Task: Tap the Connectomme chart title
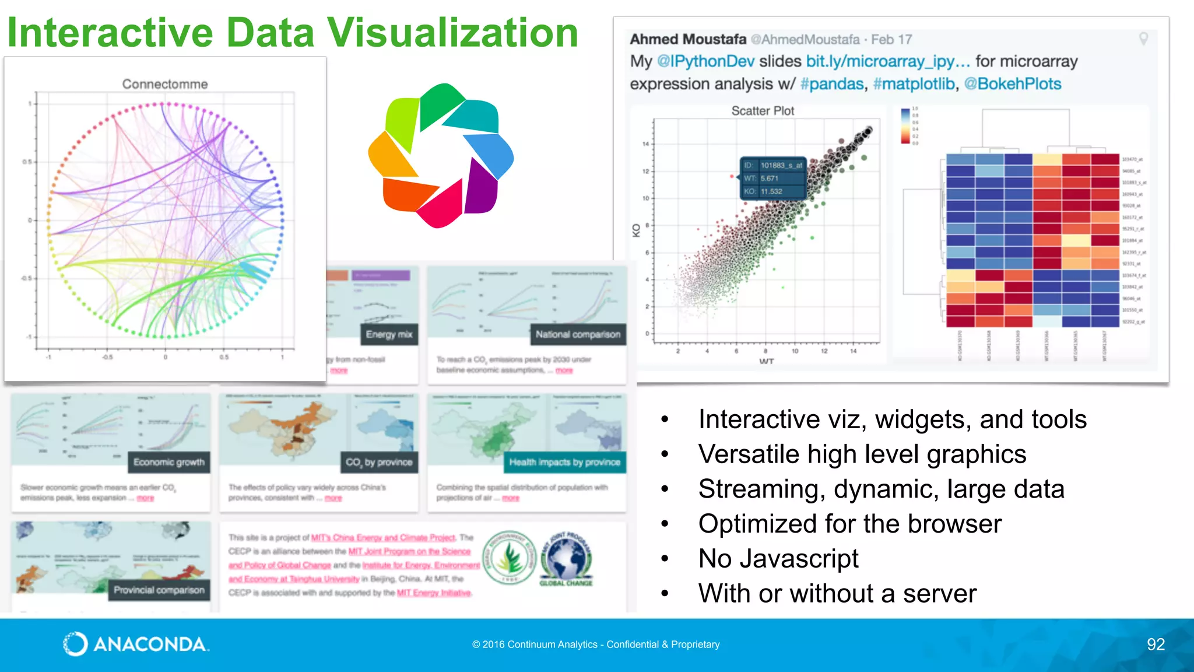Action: pyautogui.click(x=165, y=84)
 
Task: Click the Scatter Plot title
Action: pyautogui.click(x=763, y=111)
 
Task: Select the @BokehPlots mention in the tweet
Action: pyautogui.click(x=1013, y=84)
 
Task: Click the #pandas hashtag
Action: pyautogui.click(x=832, y=84)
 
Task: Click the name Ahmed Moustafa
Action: pyautogui.click(x=688, y=39)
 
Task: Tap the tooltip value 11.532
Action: pyautogui.click(x=771, y=191)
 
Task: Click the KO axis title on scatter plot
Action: pyautogui.click(x=637, y=230)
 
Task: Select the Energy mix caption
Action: pyautogui.click(x=389, y=334)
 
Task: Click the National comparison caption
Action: pyautogui.click(x=578, y=334)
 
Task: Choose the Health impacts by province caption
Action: pyautogui.click(x=564, y=462)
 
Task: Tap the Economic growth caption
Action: pyautogui.click(x=168, y=462)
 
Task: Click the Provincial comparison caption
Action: pyautogui.click(x=159, y=590)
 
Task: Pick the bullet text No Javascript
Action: pyautogui.click(x=778, y=558)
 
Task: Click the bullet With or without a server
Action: pyautogui.click(x=837, y=593)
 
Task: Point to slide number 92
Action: pyautogui.click(x=1156, y=644)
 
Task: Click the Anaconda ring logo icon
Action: pyautogui.click(x=75, y=644)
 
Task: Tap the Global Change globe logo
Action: pyautogui.click(x=566, y=558)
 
